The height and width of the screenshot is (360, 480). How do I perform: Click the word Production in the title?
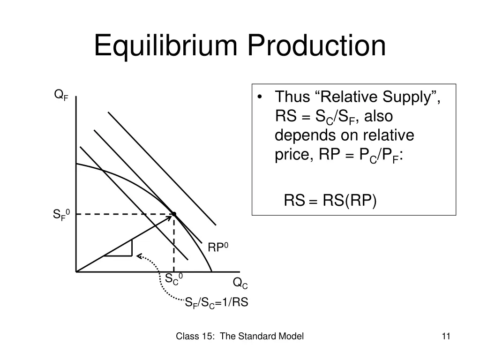[316, 46]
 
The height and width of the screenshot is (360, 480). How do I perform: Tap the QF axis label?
[61, 96]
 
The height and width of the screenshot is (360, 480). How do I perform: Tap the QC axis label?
[240, 283]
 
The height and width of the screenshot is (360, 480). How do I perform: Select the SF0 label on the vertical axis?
[61, 215]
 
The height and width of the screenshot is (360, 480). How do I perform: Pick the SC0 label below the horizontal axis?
[173, 278]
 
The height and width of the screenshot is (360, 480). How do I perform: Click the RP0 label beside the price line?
[217, 247]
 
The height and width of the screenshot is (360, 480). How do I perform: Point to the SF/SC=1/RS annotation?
[217, 303]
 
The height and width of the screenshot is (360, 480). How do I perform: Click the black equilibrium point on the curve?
[174, 214]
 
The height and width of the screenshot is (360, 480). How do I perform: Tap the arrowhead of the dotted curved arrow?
[139, 255]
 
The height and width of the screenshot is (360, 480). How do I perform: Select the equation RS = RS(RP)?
[330, 201]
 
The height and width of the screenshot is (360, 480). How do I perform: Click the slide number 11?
[446, 336]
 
